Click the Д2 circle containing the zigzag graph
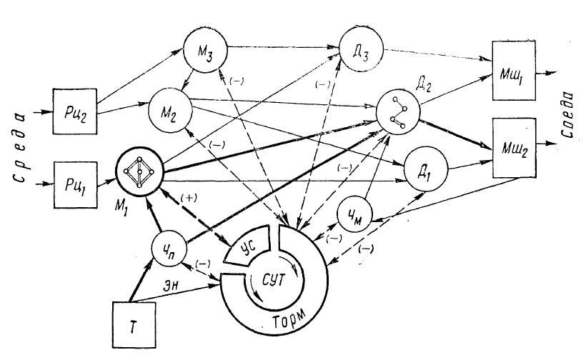pos(398,114)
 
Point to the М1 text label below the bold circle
pos(121,210)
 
